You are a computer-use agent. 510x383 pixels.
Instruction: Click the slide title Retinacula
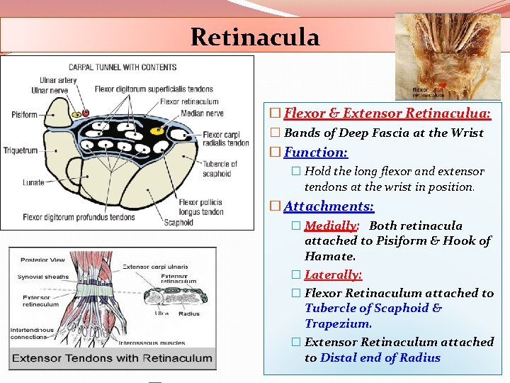[255, 36]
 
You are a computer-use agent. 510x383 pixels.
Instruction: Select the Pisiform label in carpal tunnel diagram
[24, 115]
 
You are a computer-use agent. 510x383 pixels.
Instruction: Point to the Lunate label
[33, 182]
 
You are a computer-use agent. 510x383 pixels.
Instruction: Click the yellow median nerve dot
[158, 131]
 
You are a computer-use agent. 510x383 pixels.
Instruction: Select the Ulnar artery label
[49, 80]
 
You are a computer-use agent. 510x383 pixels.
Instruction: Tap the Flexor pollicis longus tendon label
[203, 207]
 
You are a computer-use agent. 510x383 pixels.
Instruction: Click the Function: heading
[316, 152]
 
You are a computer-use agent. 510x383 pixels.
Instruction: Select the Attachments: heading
[329, 206]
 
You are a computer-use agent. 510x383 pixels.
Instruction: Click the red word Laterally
[333, 274]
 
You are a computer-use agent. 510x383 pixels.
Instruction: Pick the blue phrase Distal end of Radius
[380, 357]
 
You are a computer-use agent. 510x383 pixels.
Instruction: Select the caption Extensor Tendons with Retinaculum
[112, 357]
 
